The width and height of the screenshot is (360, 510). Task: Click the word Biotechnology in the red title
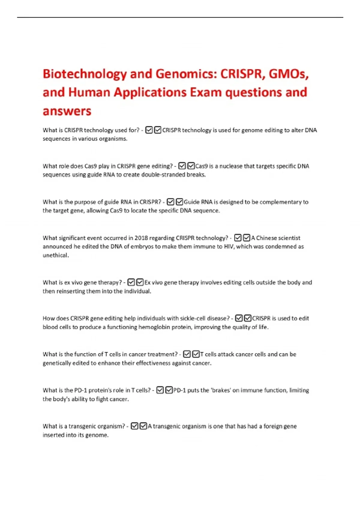[x=85, y=74]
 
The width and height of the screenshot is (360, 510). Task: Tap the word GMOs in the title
[x=288, y=73]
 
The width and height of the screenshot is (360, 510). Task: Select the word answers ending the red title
[x=67, y=111]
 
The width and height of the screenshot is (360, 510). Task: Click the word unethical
[x=55, y=255]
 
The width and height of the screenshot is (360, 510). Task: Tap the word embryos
[x=142, y=247]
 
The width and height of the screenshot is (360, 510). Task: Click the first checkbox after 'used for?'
[x=149, y=130]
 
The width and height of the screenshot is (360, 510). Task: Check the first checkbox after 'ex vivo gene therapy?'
[x=131, y=282]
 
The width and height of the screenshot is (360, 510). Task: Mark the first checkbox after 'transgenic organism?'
[x=134, y=426]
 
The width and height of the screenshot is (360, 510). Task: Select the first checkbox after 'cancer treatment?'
[x=187, y=354]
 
